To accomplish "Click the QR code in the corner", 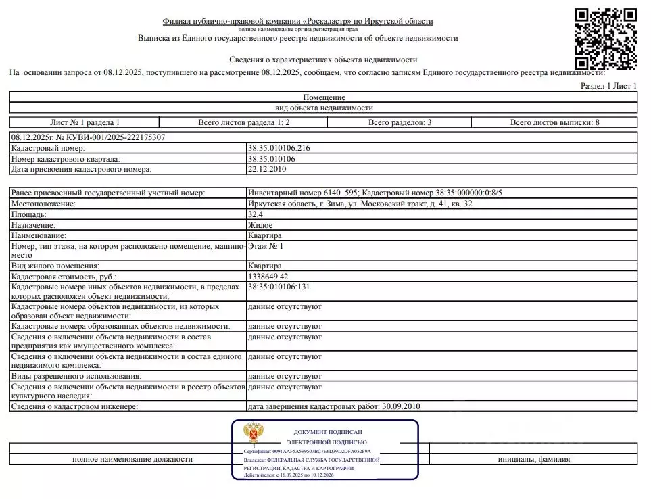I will pos(606,39).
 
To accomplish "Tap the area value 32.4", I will pos(256,214).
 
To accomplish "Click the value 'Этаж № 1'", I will pos(266,247).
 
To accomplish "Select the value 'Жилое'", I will pos(260,224).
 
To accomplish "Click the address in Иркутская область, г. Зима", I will pos(360,204).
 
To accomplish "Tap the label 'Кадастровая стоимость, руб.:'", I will pos(64,277).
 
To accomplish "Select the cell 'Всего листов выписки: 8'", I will pos(554,122).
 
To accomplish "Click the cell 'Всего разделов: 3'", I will pos(400,122).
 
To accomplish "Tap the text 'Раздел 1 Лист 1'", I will pos(608,86).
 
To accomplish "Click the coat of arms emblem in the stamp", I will pos(254,433).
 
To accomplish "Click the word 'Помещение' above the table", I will pos(324,97).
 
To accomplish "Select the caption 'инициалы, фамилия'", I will pos(533,459).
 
